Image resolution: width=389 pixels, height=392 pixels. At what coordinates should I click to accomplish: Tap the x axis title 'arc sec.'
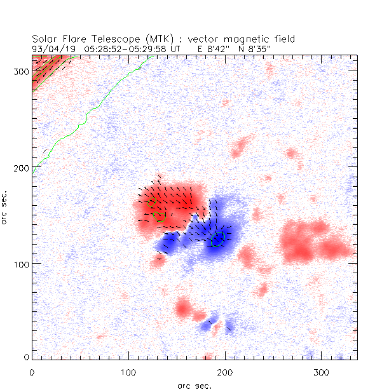tap(194, 385)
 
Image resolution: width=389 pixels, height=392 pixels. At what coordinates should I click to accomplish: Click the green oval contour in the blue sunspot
tap(218, 240)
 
